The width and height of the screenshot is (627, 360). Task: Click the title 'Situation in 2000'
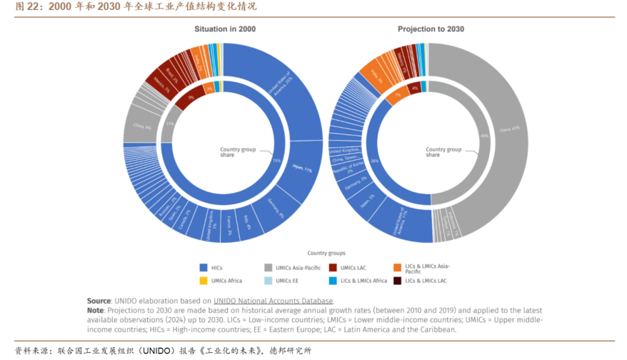coord(225,29)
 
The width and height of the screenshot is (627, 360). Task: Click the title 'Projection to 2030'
coord(431,29)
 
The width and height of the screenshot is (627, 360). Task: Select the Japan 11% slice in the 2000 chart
coord(303,170)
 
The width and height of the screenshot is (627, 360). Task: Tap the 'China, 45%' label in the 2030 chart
coord(509,130)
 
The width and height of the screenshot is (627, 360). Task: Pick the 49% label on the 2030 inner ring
coord(483,136)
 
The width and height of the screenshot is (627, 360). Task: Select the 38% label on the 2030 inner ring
coord(374,161)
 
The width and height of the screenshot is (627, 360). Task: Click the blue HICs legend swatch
coord(204,267)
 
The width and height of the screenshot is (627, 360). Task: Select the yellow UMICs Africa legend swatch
coord(204,281)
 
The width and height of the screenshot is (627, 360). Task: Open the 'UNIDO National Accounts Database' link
coord(273,301)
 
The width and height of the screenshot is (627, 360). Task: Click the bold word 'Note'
coord(95,311)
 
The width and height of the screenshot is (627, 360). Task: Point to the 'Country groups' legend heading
coord(326,253)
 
